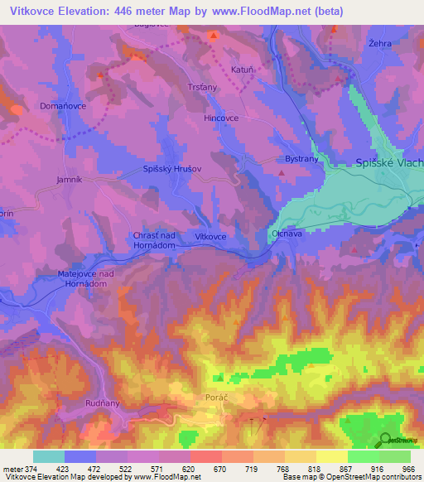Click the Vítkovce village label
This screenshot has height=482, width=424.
coord(210,237)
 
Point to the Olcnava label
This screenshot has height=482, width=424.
coord(287,235)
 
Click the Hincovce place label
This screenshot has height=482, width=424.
coord(221,118)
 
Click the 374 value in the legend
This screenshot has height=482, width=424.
coord(26,469)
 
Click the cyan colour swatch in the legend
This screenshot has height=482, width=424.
coord(49,456)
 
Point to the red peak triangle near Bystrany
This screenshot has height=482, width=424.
coord(282,173)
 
